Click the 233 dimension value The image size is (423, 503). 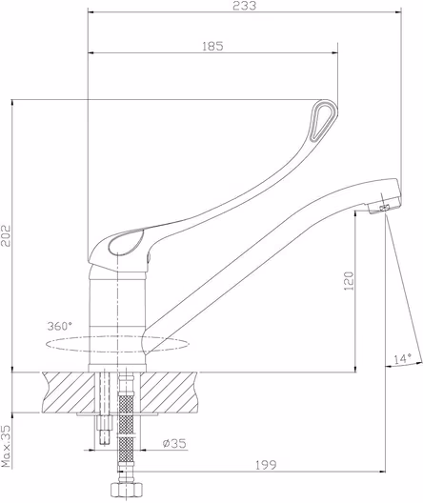245,6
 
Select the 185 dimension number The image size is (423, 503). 212,46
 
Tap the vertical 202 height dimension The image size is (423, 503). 6,236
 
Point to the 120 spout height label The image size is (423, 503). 349,281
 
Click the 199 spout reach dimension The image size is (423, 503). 266,465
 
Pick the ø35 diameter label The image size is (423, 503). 174,443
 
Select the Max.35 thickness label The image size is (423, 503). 6,446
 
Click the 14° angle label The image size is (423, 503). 403,358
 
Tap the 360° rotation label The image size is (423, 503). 60,326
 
